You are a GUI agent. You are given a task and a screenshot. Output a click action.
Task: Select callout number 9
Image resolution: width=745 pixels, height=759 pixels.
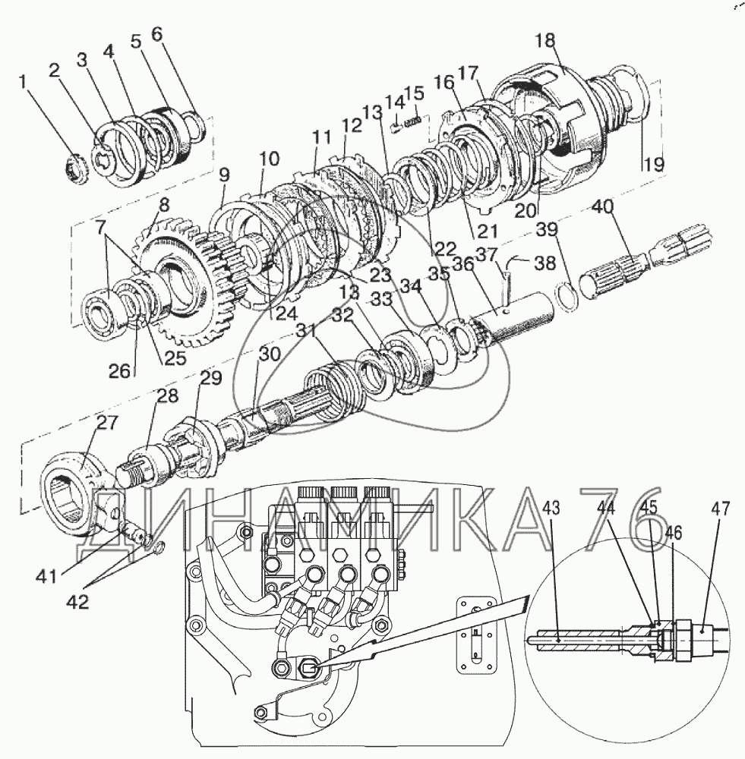click(223, 174)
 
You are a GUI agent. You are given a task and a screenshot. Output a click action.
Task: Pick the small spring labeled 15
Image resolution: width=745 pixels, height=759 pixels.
click(412, 121)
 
